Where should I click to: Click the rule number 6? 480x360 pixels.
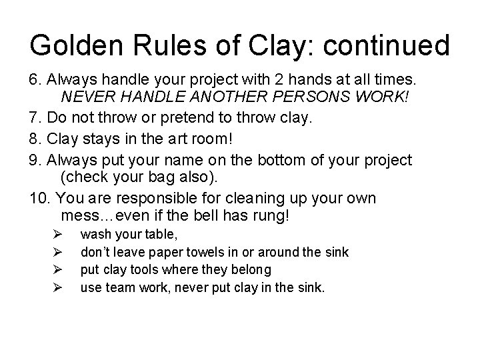pos(35,80)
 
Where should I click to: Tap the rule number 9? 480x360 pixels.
pos(35,161)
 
